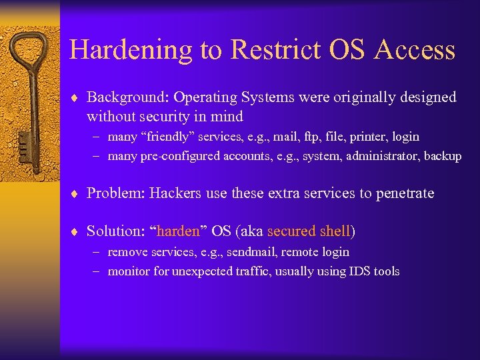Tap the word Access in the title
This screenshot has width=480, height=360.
pos(415,51)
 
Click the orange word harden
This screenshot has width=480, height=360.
pos(178,232)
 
